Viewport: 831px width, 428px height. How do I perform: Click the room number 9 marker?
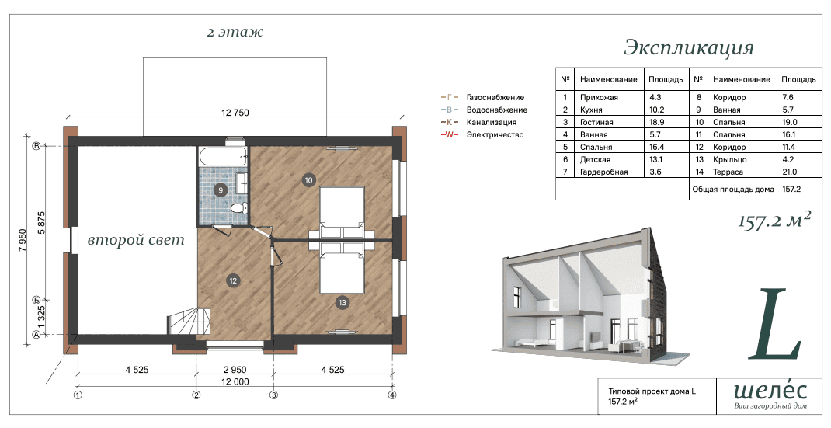pyautogui.click(x=220, y=190)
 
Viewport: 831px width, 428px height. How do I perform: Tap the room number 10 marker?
pyautogui.click(x=308, y=180)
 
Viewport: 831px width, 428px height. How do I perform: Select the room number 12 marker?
pyautogui.click(x=233, y=281)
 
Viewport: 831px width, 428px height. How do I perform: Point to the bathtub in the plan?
pyautogui.click(x=223, y=155)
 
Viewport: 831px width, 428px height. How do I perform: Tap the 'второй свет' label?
pyautogui.click(x=136, y=240)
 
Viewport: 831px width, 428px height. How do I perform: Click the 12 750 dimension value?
pyautogui.click(x=235, y=113)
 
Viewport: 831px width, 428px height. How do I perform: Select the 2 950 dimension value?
pyautogui.click(x=235, y=370)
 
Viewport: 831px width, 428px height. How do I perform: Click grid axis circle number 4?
pyautogui.click(x=392, y=395)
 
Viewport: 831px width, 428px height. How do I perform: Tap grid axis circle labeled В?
pyautogui.click(x=37, y=146)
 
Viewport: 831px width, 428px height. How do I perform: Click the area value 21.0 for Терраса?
pyautogui.click(x=789, y=172)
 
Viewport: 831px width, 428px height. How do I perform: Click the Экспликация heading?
pyautogui.click(x=688, y=48)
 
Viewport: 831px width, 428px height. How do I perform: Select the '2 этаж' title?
pyautogui.click(x=235, y=32)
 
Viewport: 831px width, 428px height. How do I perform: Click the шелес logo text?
pyautogui.click(x=770, y=391)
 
